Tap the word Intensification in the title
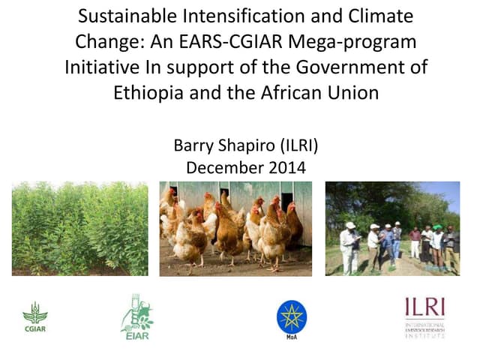pos(236,16)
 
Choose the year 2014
pos(286,168)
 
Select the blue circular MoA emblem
pos(291,316)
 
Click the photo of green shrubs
pos(80,228)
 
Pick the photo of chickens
pos(235,228)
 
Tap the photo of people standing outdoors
pos(391,228)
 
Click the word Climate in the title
pos(381,16)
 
